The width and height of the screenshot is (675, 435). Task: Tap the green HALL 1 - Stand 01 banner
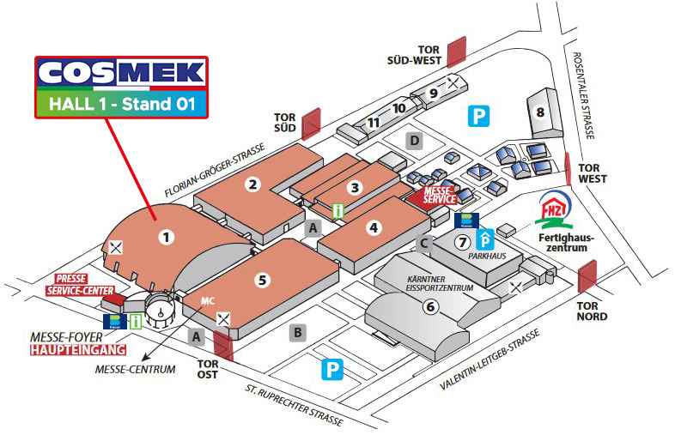(x=121, y=105)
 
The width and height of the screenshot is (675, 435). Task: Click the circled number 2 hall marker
(x=252, y=183)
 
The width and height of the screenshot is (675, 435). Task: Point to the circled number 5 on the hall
(x=263, y=278)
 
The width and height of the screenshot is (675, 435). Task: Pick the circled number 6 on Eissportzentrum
(x=431, y=305)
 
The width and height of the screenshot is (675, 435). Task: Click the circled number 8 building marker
(x=539, y=112)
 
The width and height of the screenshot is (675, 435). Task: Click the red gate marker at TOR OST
(x=223, y=344)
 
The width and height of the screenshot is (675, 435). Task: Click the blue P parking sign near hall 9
(x=478, y=115)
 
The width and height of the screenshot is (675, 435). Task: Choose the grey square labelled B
(x=297, y=331)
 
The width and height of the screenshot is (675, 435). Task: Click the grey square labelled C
(x=423, y=243)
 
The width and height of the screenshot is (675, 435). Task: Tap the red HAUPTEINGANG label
(x=78, y=349)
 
